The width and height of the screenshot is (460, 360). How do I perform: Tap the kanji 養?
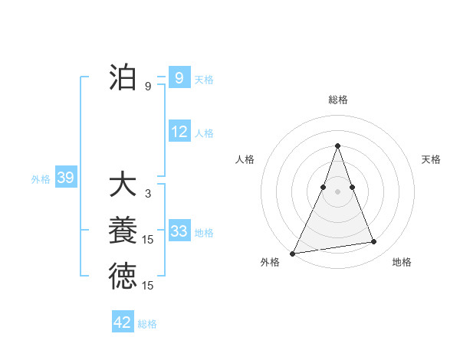pyautogui.click(x=123, y=231)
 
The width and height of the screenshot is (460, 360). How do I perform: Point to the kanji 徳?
pyautogui.click(x=123, y=277)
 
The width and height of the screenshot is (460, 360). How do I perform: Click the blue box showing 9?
pyautogui.click(x=179, y=77)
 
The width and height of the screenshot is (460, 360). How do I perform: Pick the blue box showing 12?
pyautogui.click(x=179, y=132)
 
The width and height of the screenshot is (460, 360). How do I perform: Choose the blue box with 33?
pyautogui.click(x=179, y=231)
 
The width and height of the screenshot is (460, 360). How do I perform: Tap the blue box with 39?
pyautogui.click(x=65, y=178)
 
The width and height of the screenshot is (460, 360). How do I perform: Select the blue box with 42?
pyautogui.click(x=123, y=322)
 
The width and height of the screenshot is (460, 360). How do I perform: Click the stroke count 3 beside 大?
pyautogui.click(x=148, y=194)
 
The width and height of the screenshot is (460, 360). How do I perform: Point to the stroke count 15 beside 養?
pyautogui.click(x=148, y=240)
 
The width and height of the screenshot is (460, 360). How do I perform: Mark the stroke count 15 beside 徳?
pyautogui.click(x=148, y=286)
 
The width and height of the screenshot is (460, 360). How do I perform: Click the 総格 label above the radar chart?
pyautogui.click(x=338, y=100)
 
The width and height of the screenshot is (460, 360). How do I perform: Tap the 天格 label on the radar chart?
pyautogui.click(x=431, y=159)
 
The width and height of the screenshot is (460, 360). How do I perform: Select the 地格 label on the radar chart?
pyautogui.click(x=402, y=262)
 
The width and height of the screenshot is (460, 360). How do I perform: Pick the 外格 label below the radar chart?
pyautogui.click(x=270, y=262)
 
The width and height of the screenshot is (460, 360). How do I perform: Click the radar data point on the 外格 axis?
pyautogui.click(x=293, y=253)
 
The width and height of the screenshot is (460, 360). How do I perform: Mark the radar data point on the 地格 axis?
pyautogui.click(x=374, y=242)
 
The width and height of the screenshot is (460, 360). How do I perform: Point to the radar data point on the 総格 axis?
pyautogui.click(x=338, y=146)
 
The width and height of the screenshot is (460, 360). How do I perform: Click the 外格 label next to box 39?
pyautogui.click(x=41, y=179)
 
